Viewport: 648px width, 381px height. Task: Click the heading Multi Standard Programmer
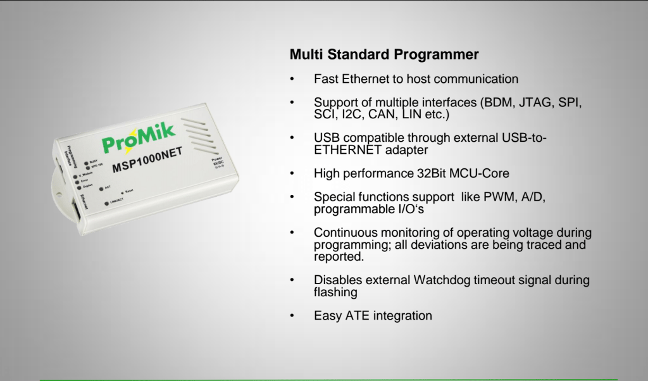[x=384, y=54]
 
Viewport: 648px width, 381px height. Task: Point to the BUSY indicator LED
[x=86, y=162]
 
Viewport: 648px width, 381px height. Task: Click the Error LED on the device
[x=75, y=180]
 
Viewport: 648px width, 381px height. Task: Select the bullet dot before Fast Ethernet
[x=292, y=79]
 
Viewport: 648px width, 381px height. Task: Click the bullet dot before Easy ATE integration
[x=292, y=315]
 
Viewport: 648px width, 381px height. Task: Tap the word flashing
[x=335, y=292]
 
